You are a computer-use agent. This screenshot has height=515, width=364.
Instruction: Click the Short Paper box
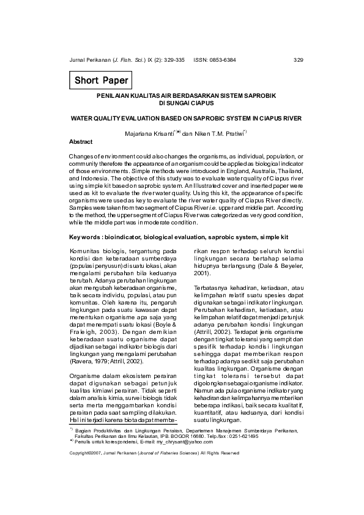(101, 80)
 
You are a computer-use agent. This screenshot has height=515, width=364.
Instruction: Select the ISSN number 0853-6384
(223, 60)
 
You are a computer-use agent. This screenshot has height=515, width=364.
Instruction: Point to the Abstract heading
(81, 141)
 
